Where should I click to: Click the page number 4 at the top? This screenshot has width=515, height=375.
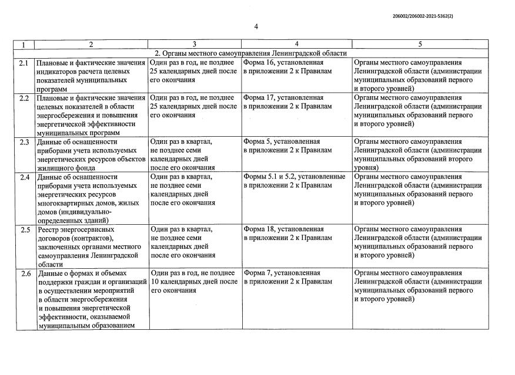[x=257, y=26]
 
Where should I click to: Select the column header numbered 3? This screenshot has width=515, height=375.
[x=194, y=45]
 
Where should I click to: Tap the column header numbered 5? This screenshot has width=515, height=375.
[x=420, y=45]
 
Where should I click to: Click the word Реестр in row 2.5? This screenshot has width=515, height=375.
[x=48, y=229]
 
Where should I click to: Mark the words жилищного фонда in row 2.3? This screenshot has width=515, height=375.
[x=62, y=167]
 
